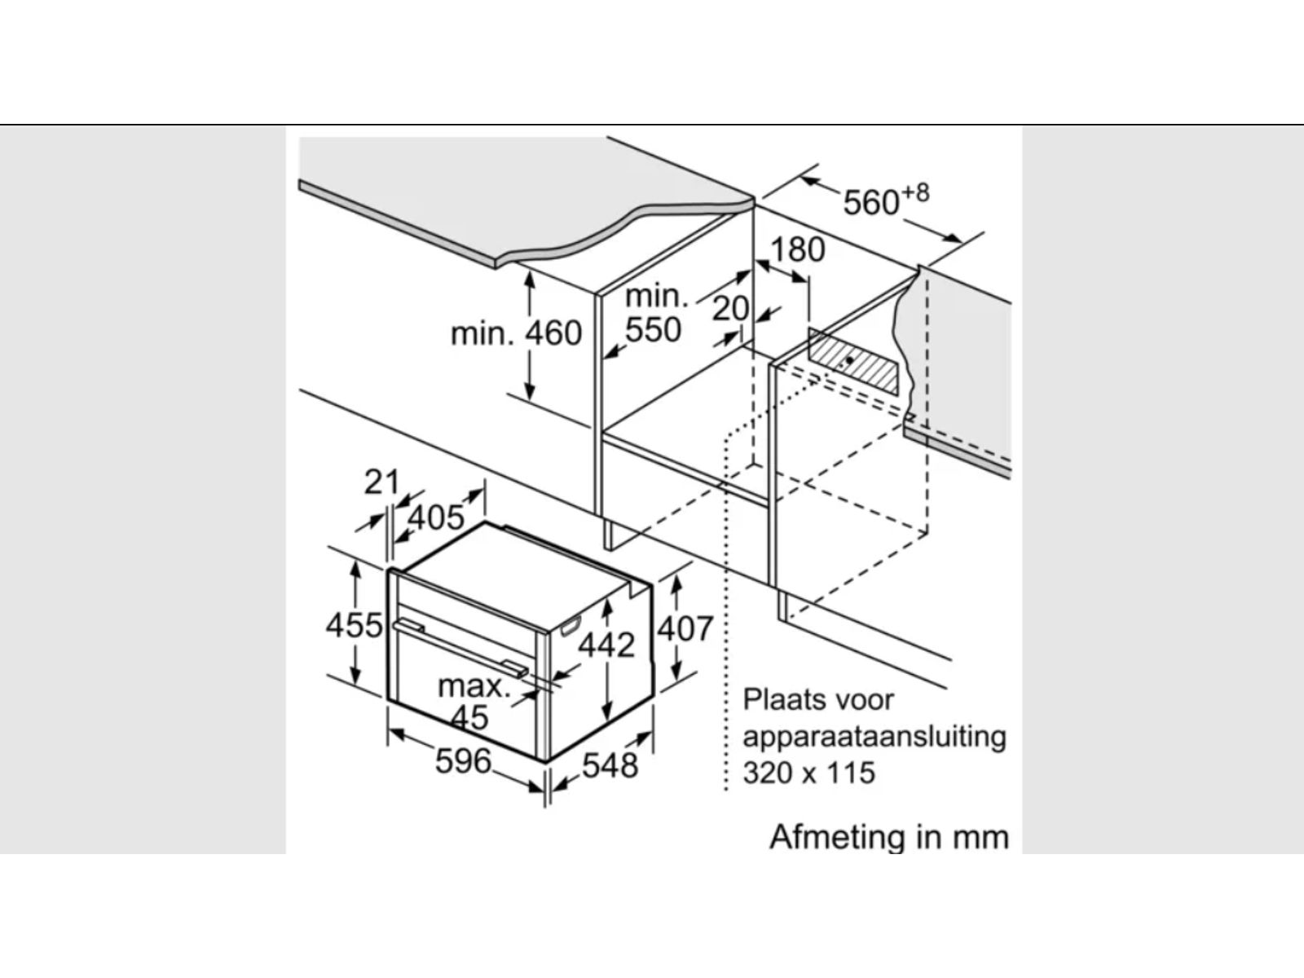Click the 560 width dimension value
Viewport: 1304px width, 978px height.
click(x=870, y=203)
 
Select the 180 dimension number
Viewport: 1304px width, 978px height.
click(x=797, y=250)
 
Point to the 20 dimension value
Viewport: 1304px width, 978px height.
click(x=730, y=309)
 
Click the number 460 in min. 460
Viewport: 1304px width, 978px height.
click(x=553, y=333)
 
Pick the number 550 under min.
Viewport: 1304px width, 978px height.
click(x=653, y=330)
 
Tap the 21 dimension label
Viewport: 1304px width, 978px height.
click(x=381, y=482)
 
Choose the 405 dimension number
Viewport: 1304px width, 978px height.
click(x=435, y=517)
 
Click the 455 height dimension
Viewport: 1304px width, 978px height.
click(x=354, y=625)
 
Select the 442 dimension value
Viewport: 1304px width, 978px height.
click(x=606, y=645)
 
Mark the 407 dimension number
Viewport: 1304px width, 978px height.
click(x=685, y=628)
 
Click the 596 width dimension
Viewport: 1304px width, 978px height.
click(x=463, y=761)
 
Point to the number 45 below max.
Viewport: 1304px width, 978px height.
click(x=469, y=718)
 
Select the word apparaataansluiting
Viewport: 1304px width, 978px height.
click(x=874, y=736)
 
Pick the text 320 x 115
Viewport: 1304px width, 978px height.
click(x=808, y=772)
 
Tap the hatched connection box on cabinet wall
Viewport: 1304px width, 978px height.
click(x=855, y=361)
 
